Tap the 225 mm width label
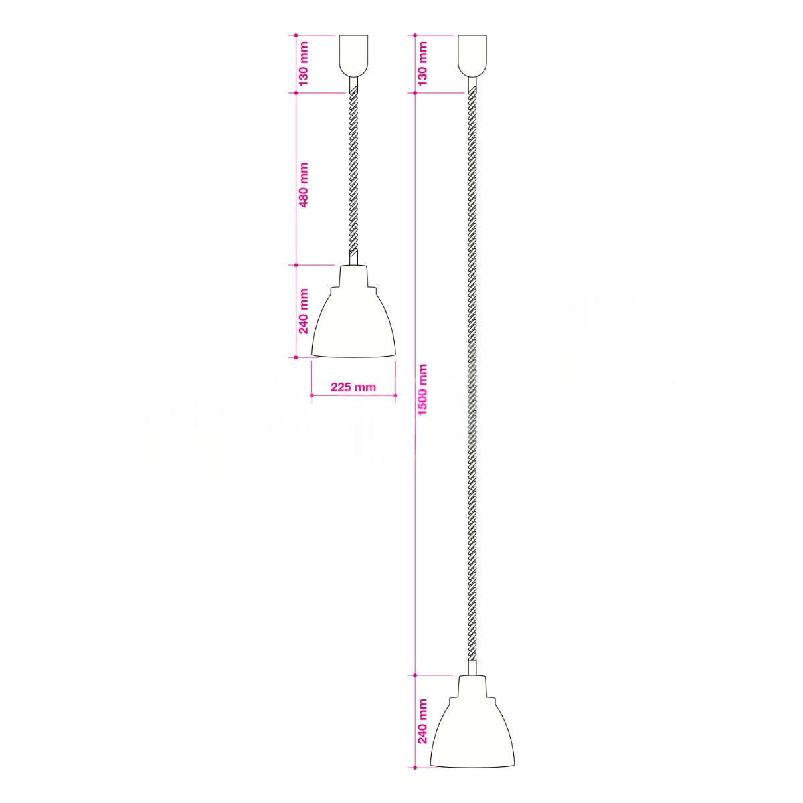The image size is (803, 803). (x=353, y=387)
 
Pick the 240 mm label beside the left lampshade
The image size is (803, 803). (x=303, y=311)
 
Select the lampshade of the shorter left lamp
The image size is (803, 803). (x=353, y=321)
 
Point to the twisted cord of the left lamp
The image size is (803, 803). (x=353, y=174)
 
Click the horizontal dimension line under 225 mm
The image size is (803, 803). (x=353, y=397)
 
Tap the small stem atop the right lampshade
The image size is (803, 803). (x=472, y=668)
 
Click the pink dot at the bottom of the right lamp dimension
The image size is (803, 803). (x=415, y=766)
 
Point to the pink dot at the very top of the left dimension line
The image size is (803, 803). (x=295, y=35)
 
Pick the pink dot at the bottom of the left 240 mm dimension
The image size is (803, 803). (x=295, y=357)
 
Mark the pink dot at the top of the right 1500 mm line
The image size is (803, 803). (x=415, y=93)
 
